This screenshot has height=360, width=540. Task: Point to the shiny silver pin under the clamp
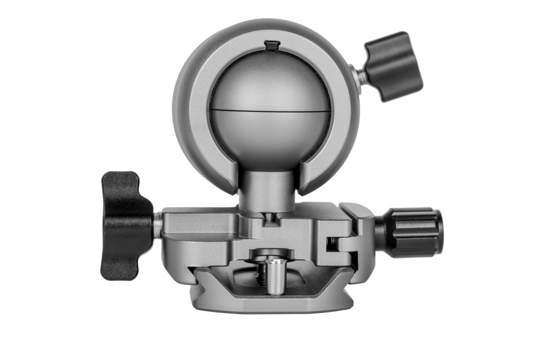(x=275, y=276)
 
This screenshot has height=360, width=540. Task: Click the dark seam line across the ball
(x=270, y=111)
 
